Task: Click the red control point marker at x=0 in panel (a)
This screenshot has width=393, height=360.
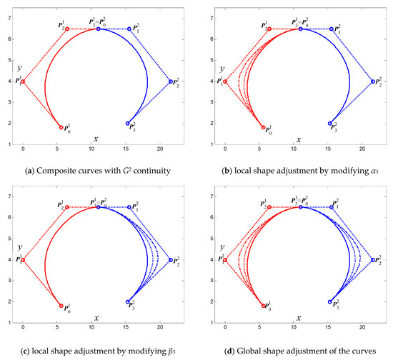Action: [23, 81]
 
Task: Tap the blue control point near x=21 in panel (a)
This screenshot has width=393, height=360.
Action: [171, 81]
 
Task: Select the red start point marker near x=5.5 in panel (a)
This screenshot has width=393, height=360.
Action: [61, 128]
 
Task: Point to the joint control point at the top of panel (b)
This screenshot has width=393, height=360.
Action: [301, 29]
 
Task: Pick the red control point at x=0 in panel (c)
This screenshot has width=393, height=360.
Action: [23, 260]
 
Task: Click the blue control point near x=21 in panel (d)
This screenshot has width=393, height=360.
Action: [373, 260]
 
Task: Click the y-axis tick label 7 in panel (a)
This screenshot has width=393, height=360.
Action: [10, 19]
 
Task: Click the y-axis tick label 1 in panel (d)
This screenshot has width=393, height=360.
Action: [212, 322]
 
